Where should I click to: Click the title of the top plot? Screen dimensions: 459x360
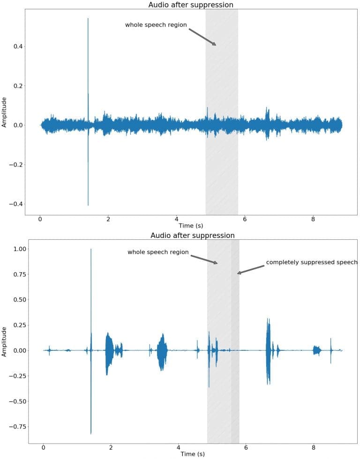pos(190,5)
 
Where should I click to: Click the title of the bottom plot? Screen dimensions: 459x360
pos(192,235)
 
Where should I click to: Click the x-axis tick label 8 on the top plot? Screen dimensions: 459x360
pos(313,218)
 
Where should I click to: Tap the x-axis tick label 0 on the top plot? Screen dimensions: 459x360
pos(40,218)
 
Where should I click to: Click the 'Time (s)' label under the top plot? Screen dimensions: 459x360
pos(190,226)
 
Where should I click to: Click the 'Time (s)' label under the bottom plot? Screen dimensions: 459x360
pos(192,454)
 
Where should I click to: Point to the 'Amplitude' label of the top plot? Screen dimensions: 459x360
pos(5,112)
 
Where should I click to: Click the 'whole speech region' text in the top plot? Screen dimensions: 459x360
pos(156,25)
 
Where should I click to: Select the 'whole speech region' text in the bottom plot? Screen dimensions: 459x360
pos(158,252)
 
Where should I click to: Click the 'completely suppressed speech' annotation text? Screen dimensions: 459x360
pos(312,262)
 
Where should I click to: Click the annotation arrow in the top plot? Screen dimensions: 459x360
pos(202,37)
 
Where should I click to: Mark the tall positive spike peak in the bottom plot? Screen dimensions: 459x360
pos(91,250)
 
